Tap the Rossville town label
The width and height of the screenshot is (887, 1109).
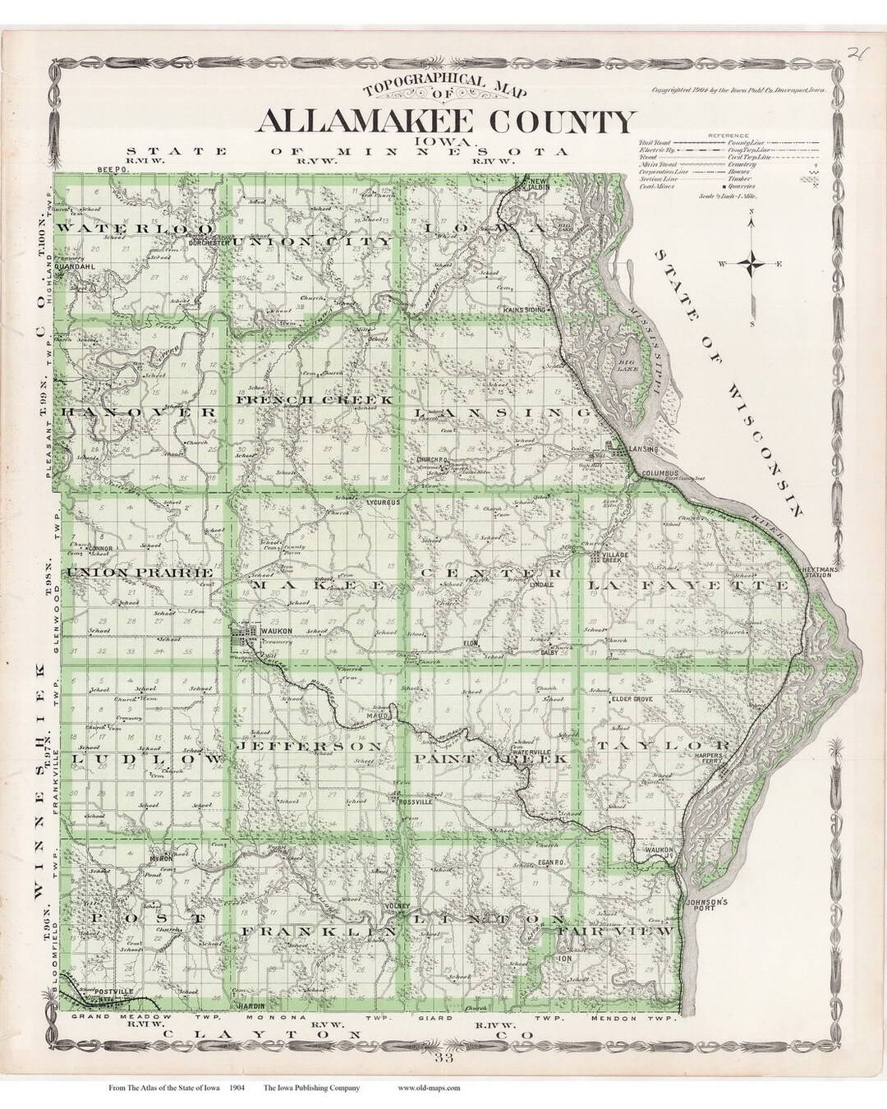pyautogui.click(x=415, y=801)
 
